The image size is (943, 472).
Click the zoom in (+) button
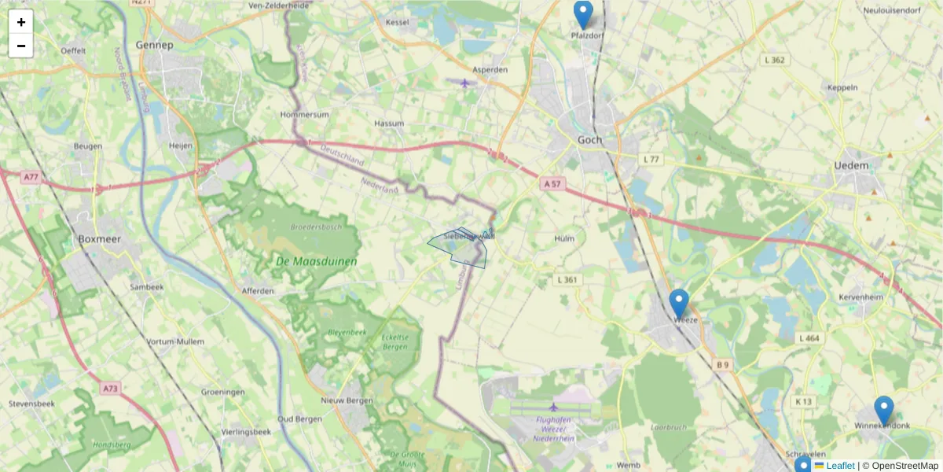click(x=21, y=22)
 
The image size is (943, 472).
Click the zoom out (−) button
click(x=21, y=46)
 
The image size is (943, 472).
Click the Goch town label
click(x=589, y=140)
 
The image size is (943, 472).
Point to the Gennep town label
click(x=154, y=45)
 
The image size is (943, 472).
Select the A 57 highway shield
click(x=553, y=183)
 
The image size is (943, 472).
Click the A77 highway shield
click(x=31, y=178)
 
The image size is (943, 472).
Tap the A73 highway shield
click(x=110, y=388)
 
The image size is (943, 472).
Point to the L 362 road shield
click(x=774, y=60)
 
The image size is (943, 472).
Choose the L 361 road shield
click(x=567, y=279)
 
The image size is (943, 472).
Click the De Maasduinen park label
click(x=317, y=261)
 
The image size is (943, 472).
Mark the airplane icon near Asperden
click(x=465, y=82)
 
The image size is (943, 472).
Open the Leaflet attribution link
click(x=839, y=466)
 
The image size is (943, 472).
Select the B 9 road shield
click(x=722, y=365)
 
